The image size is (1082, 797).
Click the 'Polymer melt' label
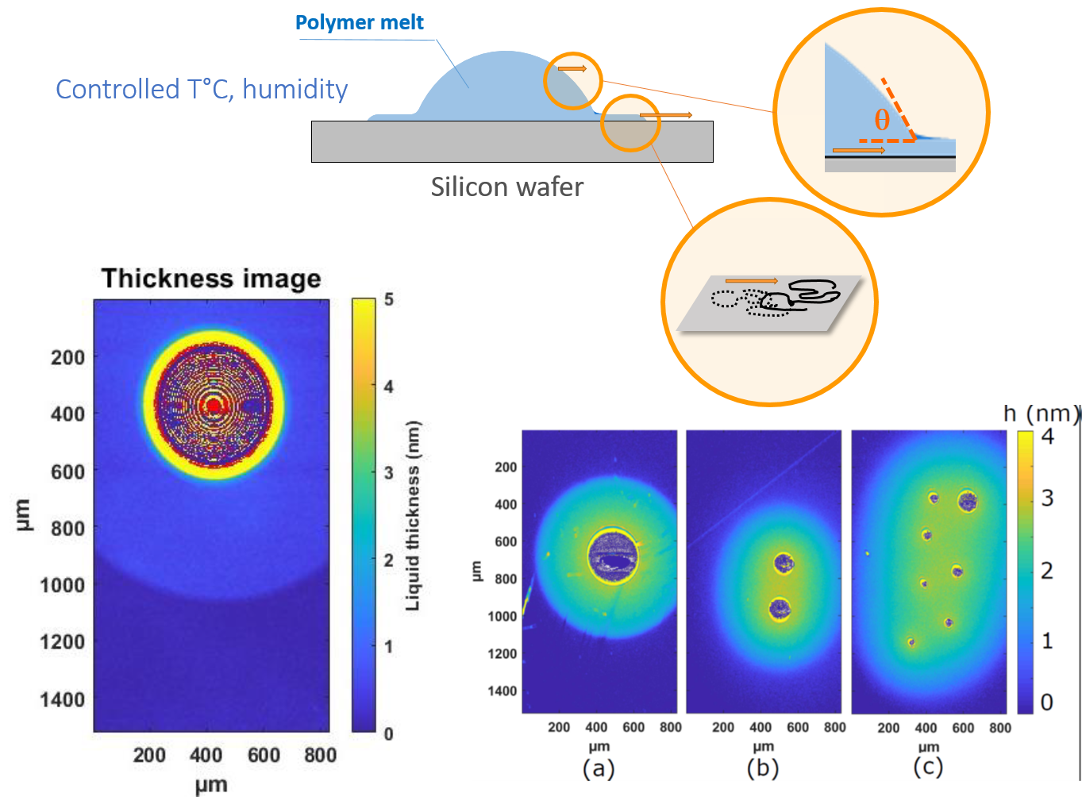[x=359, y=23]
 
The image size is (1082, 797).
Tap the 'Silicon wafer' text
[x=507, y=187]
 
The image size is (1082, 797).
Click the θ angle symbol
[x=882, y=121]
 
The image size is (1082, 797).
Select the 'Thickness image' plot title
[x=211, y=279]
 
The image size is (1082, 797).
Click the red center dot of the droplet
[x=213, y=406]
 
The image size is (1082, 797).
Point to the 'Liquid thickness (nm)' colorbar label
[x=413, y=516]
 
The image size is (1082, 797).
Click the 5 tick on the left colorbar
[x=389, y=300]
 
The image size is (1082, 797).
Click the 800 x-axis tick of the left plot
[x=320, y=755]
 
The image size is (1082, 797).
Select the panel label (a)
[x=599, y=768]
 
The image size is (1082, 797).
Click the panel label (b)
[x=763, y=768]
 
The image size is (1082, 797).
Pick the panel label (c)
[x=928, y=768]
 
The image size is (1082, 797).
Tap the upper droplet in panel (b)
[x=784, y=563]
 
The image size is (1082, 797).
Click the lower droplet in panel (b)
[x=780, y=609]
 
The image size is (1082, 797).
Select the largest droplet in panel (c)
[x=967, y=501]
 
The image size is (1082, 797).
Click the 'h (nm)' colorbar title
[x=1041, y=413]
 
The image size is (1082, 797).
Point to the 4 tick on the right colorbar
[x=1048, y=437]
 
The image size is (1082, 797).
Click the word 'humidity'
[x=295, y=90]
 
